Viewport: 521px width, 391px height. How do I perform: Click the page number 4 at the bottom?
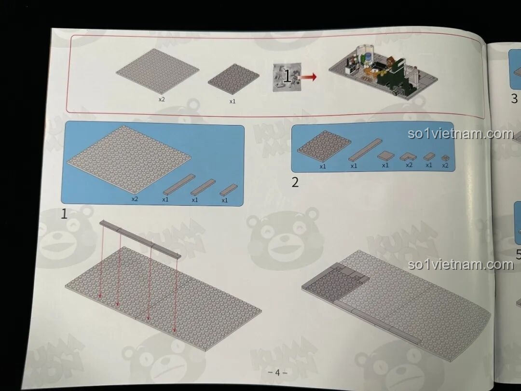coord(277,372)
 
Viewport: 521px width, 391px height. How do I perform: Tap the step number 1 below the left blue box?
coord(64,214)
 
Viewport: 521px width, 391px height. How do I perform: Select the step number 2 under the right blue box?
coord(295,182)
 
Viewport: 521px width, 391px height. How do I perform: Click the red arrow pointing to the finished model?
coord(308,77)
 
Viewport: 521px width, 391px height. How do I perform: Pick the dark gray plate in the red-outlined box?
coord(234,79)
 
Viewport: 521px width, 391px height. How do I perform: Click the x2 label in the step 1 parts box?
coord(135,198)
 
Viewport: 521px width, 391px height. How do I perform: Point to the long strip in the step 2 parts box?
coord(365,150)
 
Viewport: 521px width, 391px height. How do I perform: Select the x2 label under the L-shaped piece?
coord(409,165)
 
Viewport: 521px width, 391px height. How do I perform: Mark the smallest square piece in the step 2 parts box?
coord(445,157)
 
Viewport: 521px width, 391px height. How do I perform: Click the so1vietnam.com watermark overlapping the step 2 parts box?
coord(460,134)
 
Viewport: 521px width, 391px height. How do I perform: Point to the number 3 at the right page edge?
coord(514,99)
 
